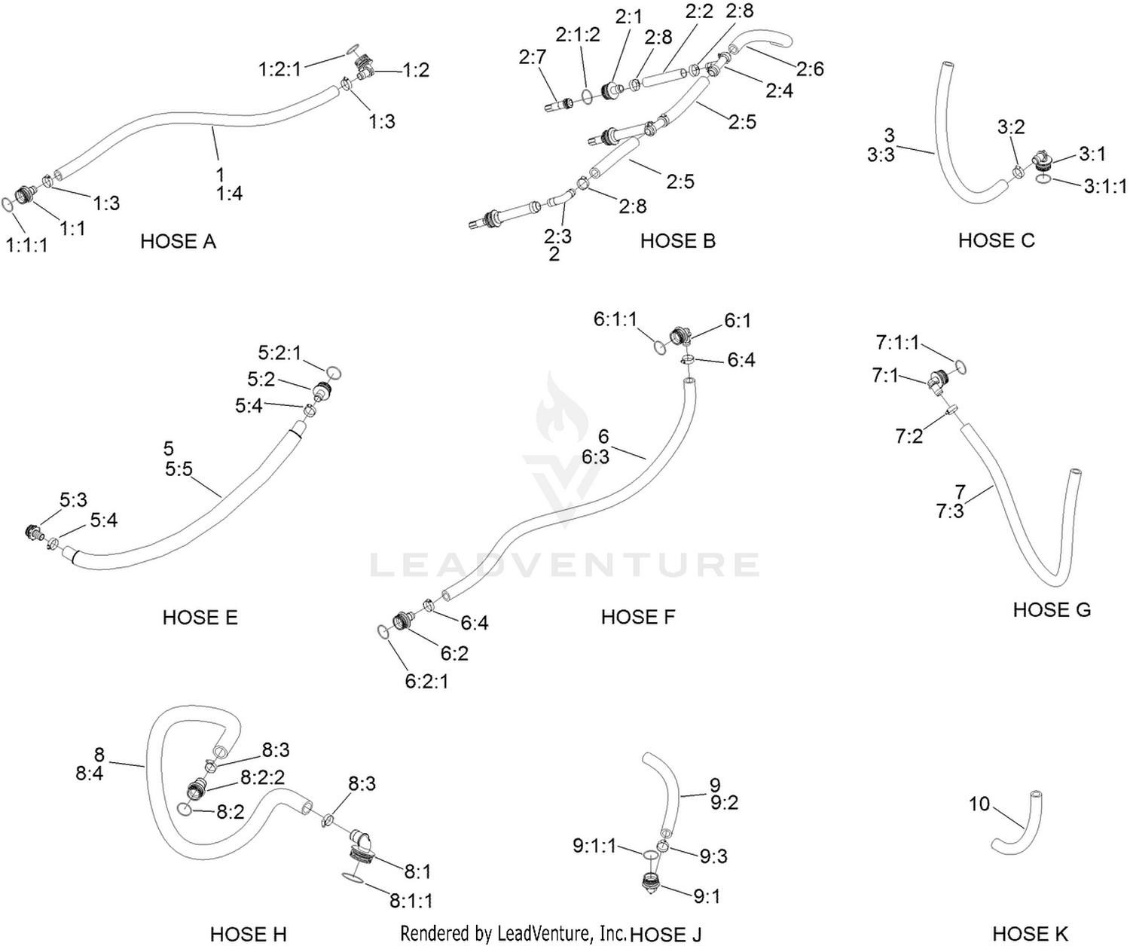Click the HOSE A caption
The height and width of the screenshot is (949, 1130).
[x=178, y=241]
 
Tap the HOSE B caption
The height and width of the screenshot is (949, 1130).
[x=677, y=241]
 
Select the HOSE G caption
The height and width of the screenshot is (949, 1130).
[x=1052, y=610]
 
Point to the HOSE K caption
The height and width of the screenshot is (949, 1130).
[x=1030, y=933]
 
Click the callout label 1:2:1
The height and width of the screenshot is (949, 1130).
[x=279, y=69]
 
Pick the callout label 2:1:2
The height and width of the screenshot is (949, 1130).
[x=578, y=35]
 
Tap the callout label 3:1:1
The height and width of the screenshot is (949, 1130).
[x=1105, y=186]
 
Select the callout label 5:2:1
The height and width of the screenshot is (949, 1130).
[x=279, y=352]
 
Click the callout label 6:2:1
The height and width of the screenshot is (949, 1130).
[x=426, y=681]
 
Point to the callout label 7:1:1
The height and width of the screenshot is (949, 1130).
[x=897, y=342]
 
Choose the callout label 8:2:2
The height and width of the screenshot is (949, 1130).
[x=262, y=777]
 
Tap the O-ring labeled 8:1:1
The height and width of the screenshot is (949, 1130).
[x=353, y=877]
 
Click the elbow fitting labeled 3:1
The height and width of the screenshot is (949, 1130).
[x=1040, y=160]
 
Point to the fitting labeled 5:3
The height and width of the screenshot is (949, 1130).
[x=35, y=532]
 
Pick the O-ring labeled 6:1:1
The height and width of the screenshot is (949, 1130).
[x=659, y=347]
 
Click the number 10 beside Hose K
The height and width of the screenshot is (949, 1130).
[x=979, y=804]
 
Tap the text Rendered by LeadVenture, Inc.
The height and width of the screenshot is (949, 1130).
[x=513, y=932]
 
